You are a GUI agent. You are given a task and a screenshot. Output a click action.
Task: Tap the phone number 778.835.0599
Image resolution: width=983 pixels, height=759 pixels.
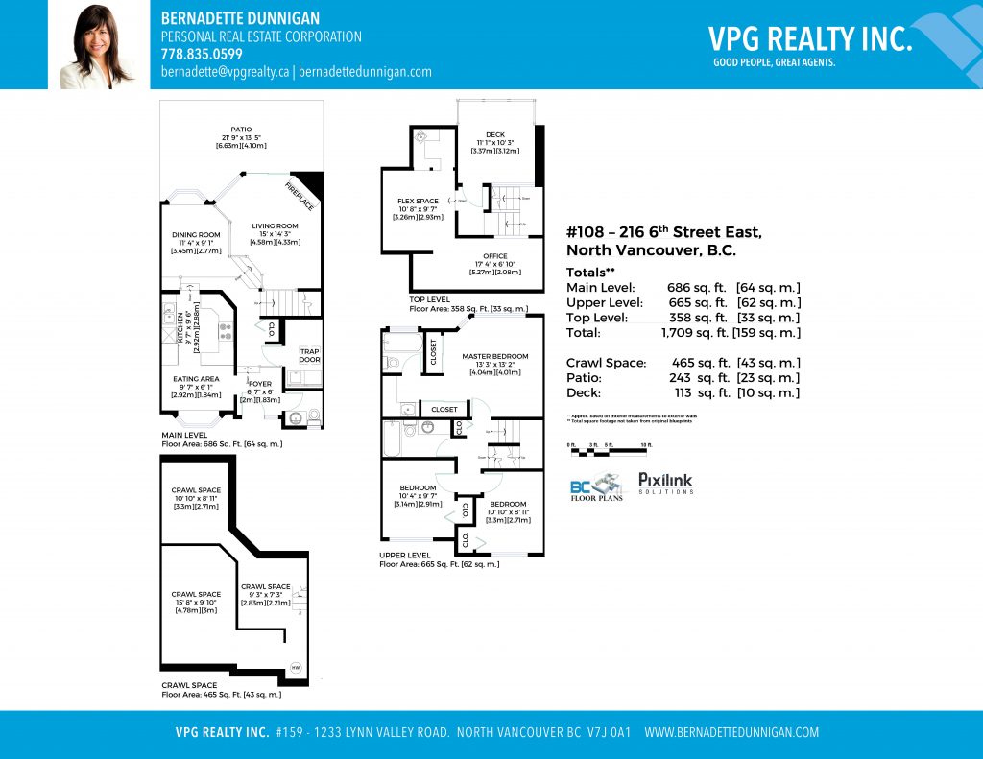pyautogui.click(x=202, y=54)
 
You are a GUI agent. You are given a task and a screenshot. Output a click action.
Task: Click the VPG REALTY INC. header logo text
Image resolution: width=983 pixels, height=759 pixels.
pyautogui.click(x=809, y=38)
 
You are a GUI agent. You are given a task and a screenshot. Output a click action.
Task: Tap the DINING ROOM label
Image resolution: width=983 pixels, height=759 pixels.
pyautogui.click(x=196, y=235)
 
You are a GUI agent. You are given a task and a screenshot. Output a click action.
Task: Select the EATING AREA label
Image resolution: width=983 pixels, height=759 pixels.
pyautogui.click(x=196, y=379)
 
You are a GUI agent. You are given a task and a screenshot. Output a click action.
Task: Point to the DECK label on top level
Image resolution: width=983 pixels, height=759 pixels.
pyautogui.click(x=494, y=135)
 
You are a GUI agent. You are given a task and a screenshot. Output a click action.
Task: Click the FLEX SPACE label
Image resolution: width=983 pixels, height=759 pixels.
pyautogui.click(x=418, y=202)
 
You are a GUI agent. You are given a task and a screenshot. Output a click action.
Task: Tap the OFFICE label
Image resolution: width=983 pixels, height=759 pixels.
pyautogui.click(x=495, y=256)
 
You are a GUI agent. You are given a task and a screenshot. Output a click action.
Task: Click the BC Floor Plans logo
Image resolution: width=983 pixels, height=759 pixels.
pyautogui.click(x=597, y=487)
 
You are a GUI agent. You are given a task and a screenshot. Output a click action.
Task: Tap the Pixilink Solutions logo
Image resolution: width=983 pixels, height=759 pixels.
pyautogui.click(x=665, y=483)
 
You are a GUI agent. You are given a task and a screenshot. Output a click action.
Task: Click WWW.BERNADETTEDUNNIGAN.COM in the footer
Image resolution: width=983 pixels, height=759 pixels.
pyautogui.click(x=731, y=732)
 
